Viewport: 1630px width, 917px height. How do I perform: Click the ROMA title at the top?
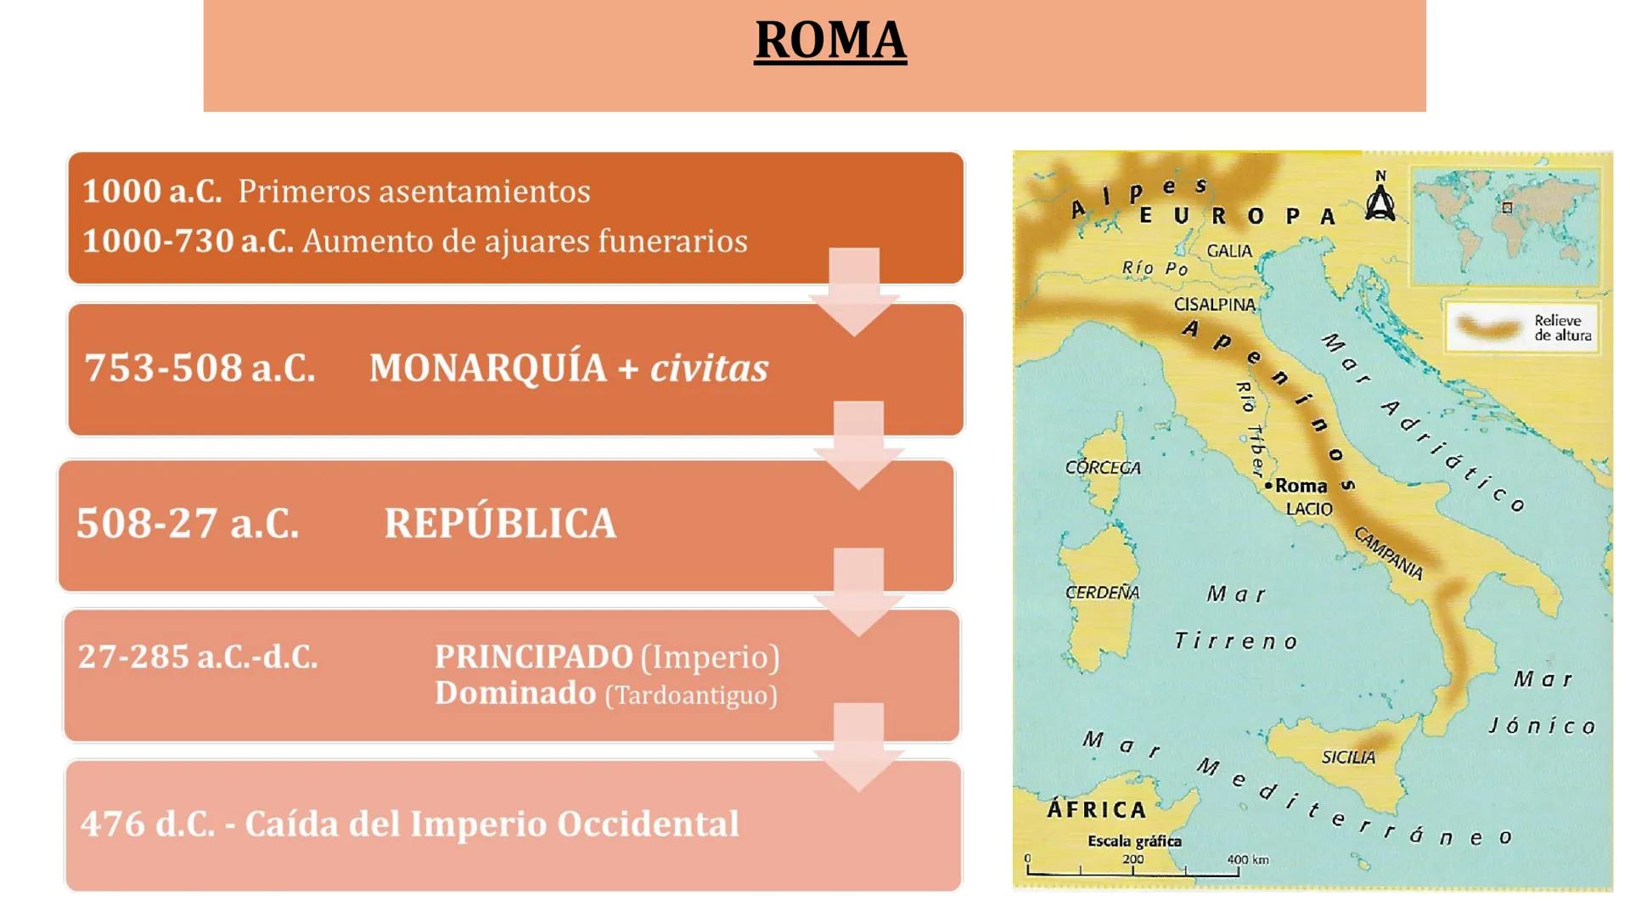tap(830, 40)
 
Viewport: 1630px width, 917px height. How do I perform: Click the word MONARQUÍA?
tap(487, 368)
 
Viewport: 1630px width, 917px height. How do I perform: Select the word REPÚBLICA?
tap(500, 523)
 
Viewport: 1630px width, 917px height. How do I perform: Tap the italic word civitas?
tap(709, 368)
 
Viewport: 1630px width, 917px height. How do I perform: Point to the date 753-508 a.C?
tap(200, 368)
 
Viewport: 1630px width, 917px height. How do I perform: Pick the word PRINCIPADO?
tap(533, 656)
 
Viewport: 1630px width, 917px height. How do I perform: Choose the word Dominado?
tap(515, 693)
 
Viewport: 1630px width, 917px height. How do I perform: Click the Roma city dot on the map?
tap(1268, 486)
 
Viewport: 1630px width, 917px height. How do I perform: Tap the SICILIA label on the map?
tap(1347, 757)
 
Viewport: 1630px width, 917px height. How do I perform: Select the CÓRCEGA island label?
tap(1103, 467)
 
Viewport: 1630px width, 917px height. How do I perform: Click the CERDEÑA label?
tap(1102, 592)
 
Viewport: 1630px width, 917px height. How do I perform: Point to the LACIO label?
tap(1308, 509)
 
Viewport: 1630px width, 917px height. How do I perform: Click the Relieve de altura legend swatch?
tap(1488, 327)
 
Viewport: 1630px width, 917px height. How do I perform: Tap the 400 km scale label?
tap(1247, 859)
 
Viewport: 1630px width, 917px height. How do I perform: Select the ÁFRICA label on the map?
tap(1096, 809)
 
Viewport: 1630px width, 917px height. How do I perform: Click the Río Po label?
tap(1155, 268)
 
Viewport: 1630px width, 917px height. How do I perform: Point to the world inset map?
tap(1505, 225)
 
